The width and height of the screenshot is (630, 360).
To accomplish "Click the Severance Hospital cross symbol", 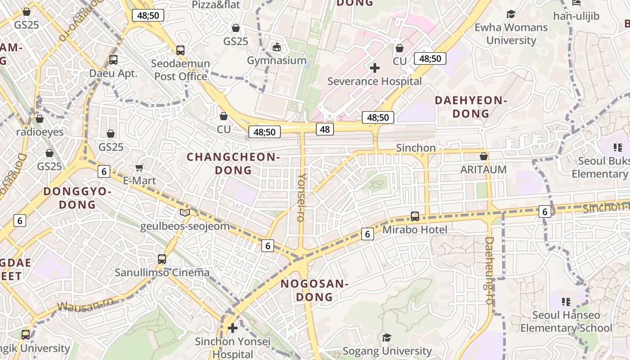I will (x=374, y=68).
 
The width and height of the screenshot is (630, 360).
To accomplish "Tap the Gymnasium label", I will (x=277, y=60).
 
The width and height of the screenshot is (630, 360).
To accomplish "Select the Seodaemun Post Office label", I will (x=180, y=70).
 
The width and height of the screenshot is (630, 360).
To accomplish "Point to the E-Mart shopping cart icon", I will (x=139, y=167).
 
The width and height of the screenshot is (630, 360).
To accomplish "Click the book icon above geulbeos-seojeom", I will (x=184, y=212).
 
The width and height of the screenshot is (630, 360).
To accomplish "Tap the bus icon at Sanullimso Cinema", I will (x=162, y=259).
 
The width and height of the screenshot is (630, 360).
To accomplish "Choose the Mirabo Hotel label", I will (x=415, y=230).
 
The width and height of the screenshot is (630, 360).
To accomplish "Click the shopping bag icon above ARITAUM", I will (x=484, y=156).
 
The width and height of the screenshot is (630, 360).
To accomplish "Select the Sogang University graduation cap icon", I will (x=387, y=337).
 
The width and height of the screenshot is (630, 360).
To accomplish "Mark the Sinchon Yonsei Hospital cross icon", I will (x=233, y=328).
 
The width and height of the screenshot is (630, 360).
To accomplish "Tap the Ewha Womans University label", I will (x=511, y=34).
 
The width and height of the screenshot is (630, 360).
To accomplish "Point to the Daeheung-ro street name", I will (x=489, y=270).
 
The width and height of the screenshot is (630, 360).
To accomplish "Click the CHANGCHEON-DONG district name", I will (x=233, y=163).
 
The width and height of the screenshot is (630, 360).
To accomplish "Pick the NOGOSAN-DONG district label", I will (x=315, y=290).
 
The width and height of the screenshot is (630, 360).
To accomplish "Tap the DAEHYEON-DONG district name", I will (x=471, y=107).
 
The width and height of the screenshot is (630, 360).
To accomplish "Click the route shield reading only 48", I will (x=325, y=130).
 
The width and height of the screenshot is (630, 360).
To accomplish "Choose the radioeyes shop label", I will (x=40, y=132).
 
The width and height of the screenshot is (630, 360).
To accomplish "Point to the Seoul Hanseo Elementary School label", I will (x=566, y=321).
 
